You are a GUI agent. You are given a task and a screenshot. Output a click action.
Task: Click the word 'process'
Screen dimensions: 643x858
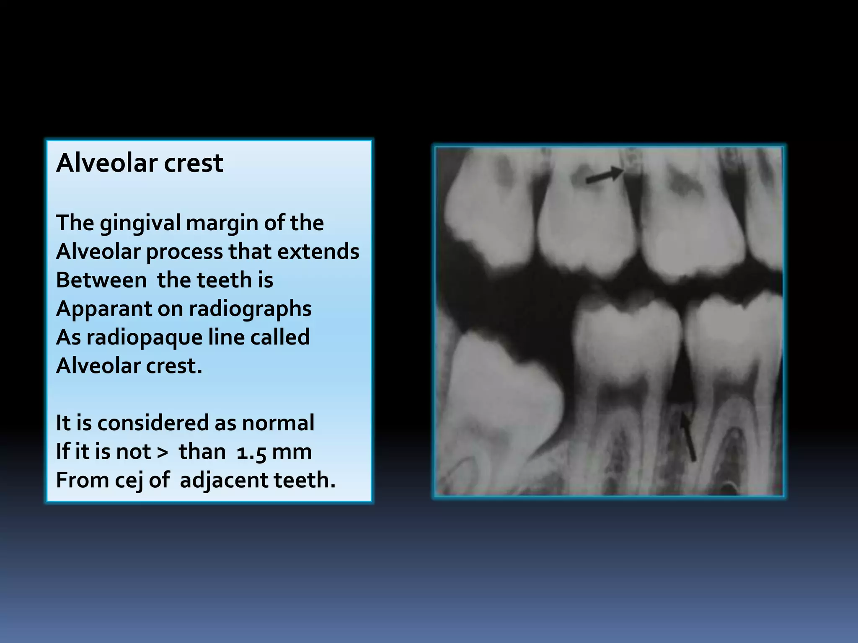[184, 252]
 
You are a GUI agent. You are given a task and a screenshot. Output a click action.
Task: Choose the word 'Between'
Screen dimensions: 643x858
[101, 280]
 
